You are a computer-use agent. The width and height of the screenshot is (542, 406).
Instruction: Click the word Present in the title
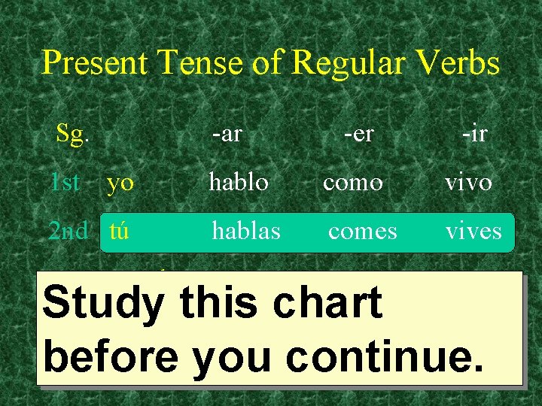click(x=95, y=62)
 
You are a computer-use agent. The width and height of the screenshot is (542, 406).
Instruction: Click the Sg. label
click(x=73, y=135)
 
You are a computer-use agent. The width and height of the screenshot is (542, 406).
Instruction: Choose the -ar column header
click(x=227, y=135)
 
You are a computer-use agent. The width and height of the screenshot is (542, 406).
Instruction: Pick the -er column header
click(x=358, y=135)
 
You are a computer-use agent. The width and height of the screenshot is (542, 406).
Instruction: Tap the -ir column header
click(x=474, y=135)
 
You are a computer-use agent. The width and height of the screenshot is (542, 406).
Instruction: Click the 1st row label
click(x=65, y=182)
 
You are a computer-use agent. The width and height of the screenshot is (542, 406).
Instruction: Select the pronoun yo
click(x=120, y=183)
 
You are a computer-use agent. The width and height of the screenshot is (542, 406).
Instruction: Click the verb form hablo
click(x=239, y=182)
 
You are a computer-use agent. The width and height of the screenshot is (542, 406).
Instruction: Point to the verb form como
click(x=353, y=183)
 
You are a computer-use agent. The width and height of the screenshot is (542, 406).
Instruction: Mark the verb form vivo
click(x=468, y=182)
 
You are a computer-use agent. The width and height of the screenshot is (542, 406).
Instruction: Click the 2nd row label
click(x=69, y=230)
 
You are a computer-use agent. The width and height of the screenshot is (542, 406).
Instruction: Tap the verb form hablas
click(x=246, y=230)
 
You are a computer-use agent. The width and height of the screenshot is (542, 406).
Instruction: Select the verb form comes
click(x=362, y=231)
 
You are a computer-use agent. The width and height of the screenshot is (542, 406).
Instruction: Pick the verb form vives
click(x=473, y=230)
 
